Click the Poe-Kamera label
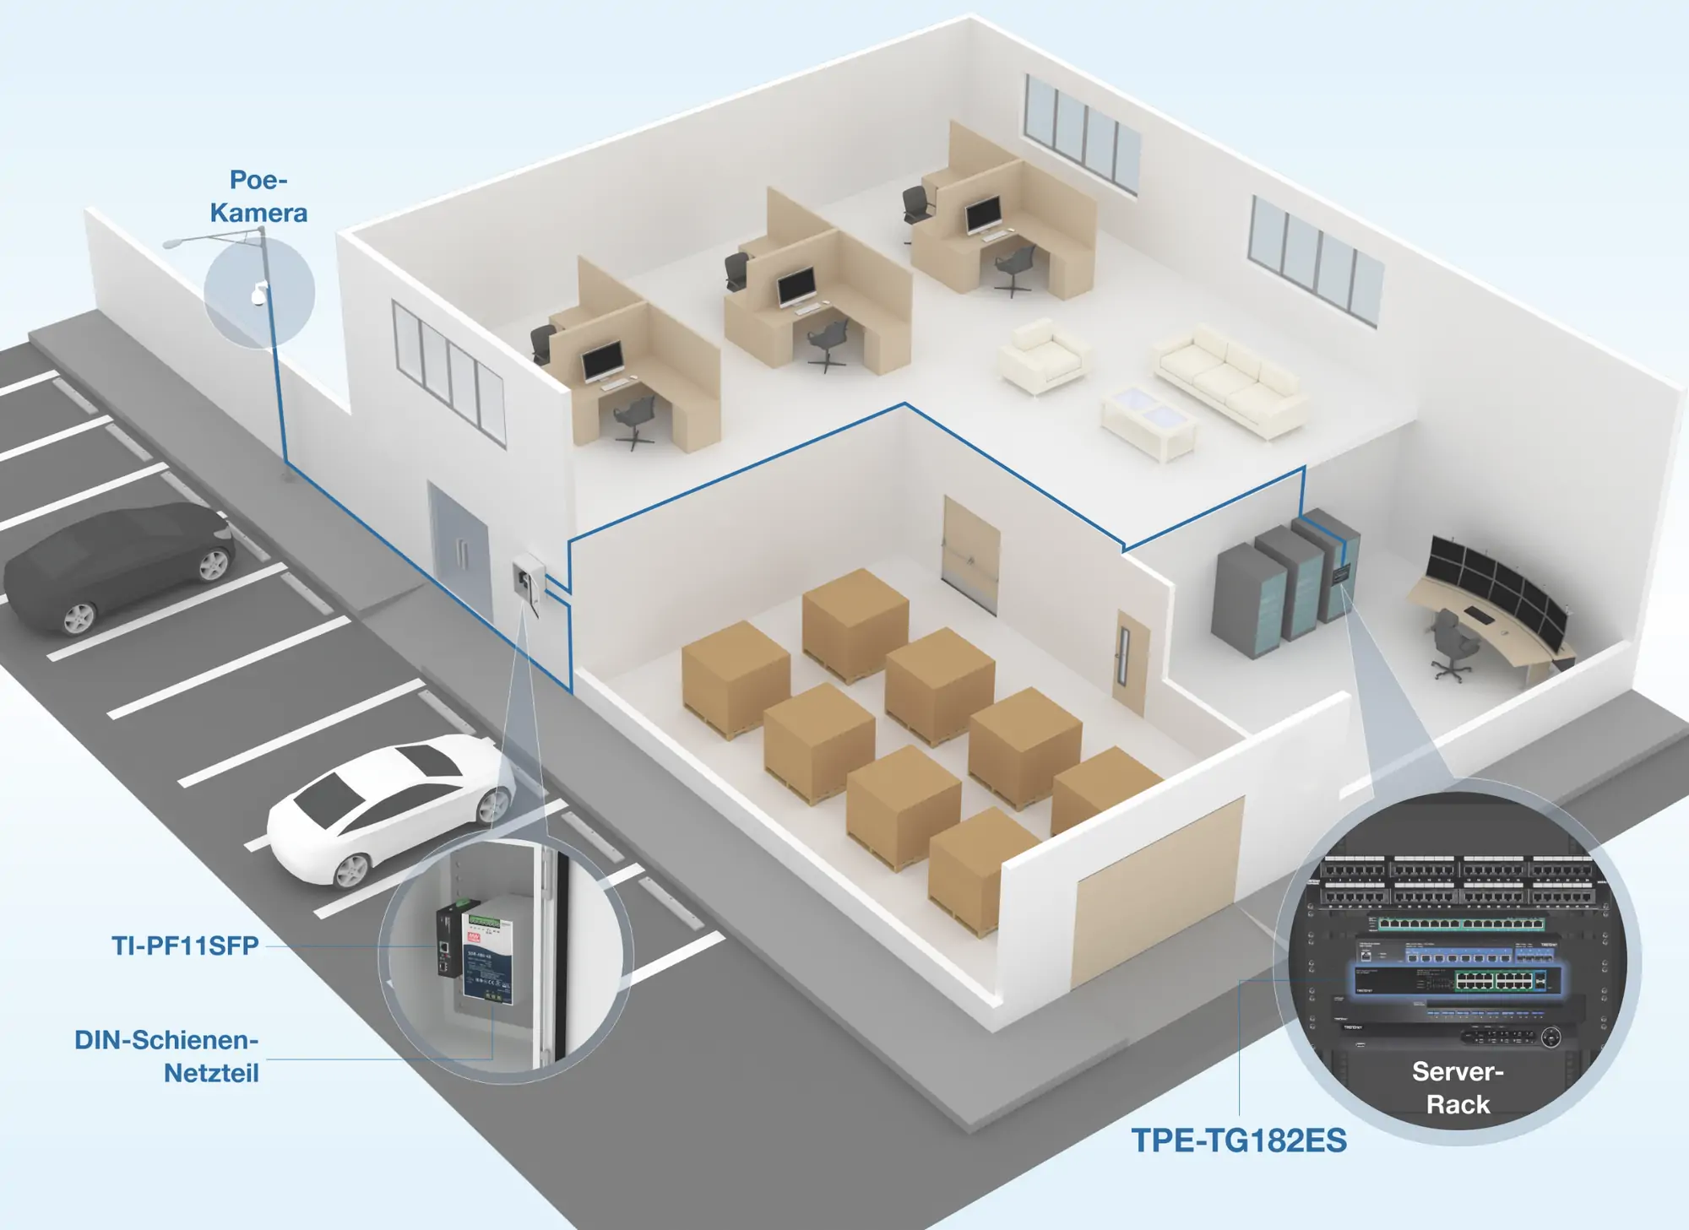[x=258, y=196]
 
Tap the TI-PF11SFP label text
[x=185, y=946]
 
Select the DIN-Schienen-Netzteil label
[x=167, y=1056]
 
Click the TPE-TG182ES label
[x=1239, y=1141]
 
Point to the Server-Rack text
[x=1458, y=1087]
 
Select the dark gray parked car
[x=118, y=567]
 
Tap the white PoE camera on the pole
[x=258, y=293]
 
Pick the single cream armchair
[x=1043, y=355]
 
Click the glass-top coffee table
[x=1149, y=422]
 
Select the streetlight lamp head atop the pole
[x=172, y=243]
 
